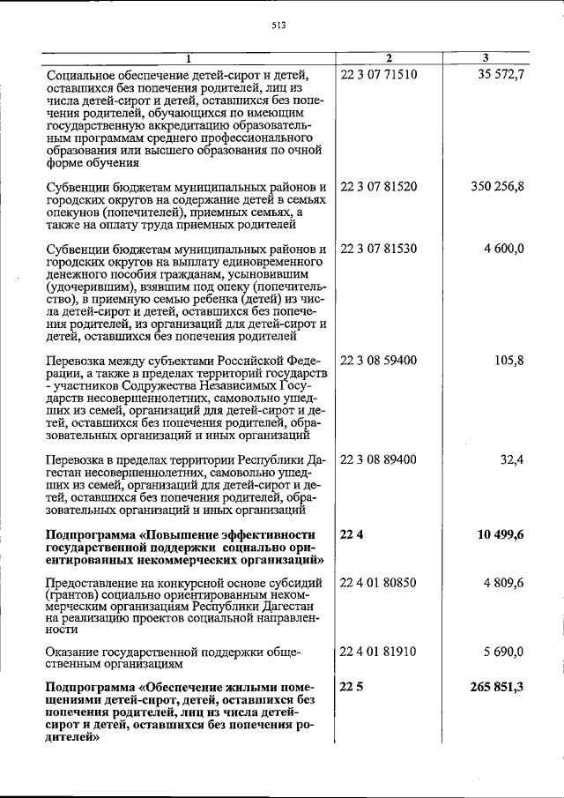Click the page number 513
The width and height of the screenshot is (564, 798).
(281, 26)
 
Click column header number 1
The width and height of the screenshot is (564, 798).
(187, 58)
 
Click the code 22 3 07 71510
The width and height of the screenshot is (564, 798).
(378, 74)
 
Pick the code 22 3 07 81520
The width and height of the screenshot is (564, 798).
(378, 187)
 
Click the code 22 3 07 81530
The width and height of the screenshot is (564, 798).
(378, 249)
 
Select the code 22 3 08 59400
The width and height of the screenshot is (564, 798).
(378, 361)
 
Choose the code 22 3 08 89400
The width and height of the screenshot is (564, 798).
(378, 459)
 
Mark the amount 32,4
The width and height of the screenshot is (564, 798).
(512, 459)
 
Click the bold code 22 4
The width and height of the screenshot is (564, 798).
(351, 534)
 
